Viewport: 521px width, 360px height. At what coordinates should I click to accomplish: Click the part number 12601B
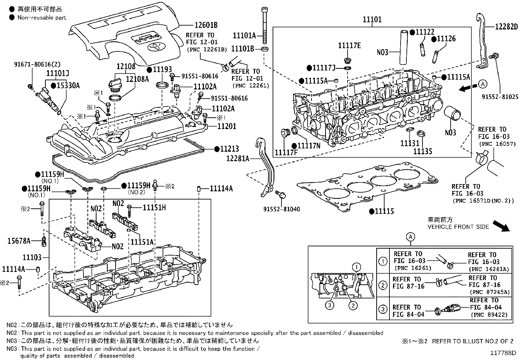click(x=206, y=25)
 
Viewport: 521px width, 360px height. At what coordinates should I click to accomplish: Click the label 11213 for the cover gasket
click(x=229, y=149)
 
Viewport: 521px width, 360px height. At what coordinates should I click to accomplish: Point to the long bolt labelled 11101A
click(x=265, y=26)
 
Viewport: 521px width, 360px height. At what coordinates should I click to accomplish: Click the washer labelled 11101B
click(x=264, y=49)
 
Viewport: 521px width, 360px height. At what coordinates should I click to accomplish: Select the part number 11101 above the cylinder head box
click(x=372, y=19)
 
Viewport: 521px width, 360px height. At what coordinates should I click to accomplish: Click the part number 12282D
click(x=506, y=27)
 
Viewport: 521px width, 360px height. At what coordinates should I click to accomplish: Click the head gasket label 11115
click(x=385, y=211)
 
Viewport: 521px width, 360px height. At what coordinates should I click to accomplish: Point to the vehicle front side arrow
click(x=501, y=226)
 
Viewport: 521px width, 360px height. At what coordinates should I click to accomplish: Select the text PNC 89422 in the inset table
click(x=489, y=315)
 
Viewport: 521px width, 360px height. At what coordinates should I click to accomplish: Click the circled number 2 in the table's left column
click(x=383, y=285)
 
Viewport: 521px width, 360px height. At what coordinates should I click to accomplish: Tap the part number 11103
click(x=32, y=257)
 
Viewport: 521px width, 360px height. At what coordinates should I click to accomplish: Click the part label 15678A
click(x=19, y=241)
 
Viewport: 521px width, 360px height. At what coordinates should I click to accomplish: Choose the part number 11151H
click(x=154, y=207)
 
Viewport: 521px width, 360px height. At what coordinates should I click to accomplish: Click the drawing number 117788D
click(x=503, y=353)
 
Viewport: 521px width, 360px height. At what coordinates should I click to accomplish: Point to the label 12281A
click(x=238, y=159)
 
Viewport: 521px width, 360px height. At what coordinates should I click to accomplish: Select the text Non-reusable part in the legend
click(x=42, y=18)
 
